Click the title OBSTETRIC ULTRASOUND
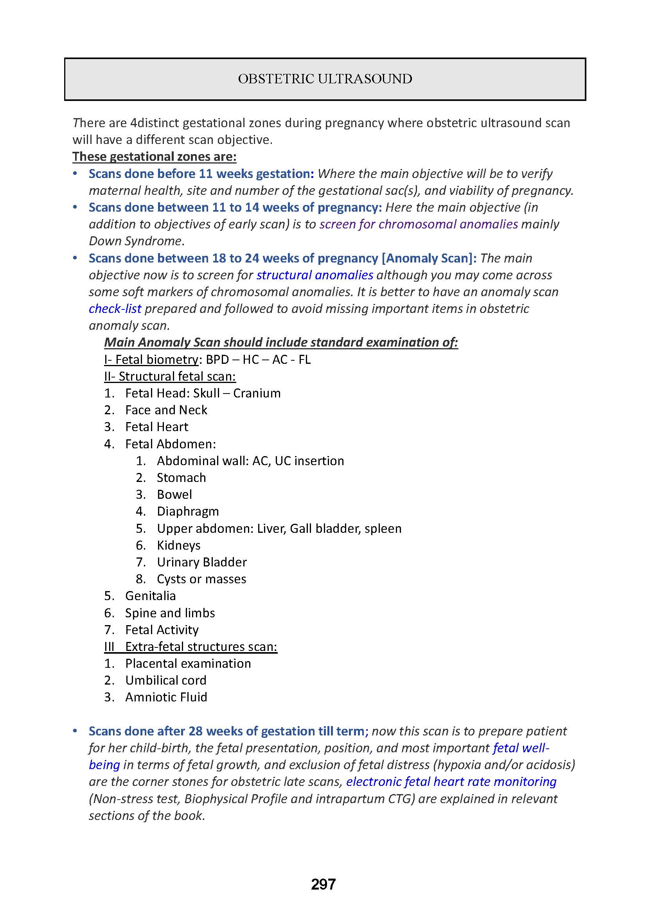(x=325, y=79)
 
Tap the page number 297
(x=323, y=884)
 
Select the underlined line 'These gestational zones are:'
(x=154, y=156)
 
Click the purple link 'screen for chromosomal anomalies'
(x=418, y=225)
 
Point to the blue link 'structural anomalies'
(x=315, y=275)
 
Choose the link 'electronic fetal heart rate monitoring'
(x=451, y=782)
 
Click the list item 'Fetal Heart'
(x=156, y=427)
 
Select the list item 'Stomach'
(x=181, y=477)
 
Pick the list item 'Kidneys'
(x=178, y=545)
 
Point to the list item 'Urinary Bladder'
(x=201, y=562)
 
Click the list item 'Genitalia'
(x=150, y=596)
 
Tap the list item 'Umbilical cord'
(x=166, y=680)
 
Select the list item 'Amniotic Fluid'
(x=166, y=697)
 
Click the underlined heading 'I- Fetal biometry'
(x=151, y=360)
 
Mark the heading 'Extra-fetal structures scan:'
(x=201, y=646)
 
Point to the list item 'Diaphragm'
(x=188, y=511)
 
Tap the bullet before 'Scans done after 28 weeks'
(x=74, y=731)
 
